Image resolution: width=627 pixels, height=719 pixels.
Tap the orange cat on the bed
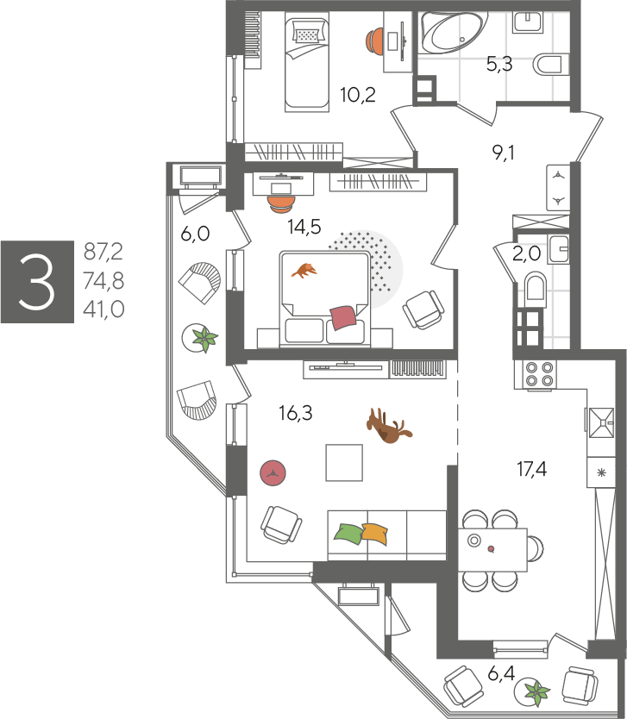304,270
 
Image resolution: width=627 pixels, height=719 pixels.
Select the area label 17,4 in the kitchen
531,469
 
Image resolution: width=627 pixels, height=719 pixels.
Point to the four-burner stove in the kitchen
539,373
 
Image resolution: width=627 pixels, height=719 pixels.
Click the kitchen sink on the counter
601,422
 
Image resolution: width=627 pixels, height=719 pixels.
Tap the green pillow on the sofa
348,534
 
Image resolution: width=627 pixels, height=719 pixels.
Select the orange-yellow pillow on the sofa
375,534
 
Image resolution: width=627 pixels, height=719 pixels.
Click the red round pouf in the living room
273,473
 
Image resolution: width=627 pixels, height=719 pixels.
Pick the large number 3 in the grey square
37,282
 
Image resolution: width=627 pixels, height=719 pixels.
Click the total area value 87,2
103,252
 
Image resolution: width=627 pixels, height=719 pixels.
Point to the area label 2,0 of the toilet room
526,253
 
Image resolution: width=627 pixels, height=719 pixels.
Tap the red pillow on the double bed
343,317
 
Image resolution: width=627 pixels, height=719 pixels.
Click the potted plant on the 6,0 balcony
204,339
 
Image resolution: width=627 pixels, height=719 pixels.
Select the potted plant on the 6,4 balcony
537,692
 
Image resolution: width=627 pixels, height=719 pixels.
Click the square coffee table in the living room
344,462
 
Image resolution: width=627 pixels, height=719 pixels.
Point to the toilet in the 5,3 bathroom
550,64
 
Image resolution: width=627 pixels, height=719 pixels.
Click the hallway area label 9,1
503,153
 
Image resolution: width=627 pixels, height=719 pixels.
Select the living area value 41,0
103,309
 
